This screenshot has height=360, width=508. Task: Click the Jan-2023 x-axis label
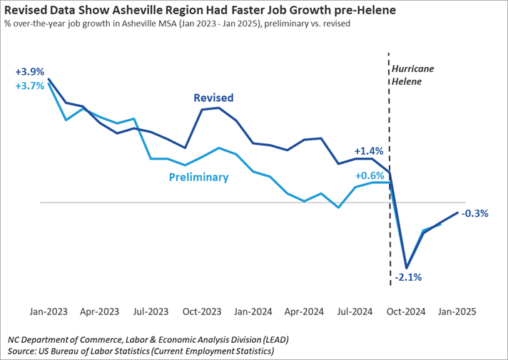49,312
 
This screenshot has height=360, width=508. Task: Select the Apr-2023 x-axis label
99,312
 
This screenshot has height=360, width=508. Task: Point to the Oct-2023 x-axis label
202,312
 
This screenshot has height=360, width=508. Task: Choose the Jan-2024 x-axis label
253,312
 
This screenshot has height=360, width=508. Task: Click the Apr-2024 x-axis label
304,312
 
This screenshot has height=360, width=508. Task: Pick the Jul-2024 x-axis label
355,312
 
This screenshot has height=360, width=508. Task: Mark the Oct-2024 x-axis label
406,312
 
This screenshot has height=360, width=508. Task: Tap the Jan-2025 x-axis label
457,312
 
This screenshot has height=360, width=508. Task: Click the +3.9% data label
30,72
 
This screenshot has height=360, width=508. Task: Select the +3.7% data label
30,86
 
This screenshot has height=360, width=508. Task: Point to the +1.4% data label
369,151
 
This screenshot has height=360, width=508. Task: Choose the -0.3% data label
474,213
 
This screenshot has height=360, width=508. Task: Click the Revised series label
213,98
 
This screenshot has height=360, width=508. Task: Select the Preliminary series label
198,178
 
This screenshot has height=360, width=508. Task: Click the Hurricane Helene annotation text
412,75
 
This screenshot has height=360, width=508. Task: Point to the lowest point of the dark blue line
407,268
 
